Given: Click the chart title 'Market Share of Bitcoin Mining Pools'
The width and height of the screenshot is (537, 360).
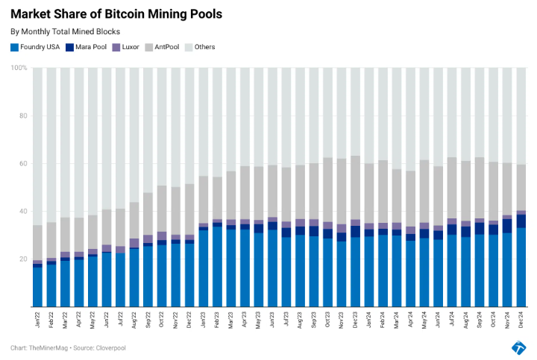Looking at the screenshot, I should [116, 14].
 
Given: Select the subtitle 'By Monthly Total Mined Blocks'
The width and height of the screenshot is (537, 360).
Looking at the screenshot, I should [65, 32].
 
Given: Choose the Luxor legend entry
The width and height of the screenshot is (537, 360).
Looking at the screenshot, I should [125, 48].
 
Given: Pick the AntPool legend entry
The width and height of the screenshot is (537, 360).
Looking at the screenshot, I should [163, 48].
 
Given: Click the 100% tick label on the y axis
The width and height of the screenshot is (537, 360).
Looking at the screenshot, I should [19, 68].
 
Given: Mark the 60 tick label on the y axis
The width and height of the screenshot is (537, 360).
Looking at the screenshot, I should [22, 164].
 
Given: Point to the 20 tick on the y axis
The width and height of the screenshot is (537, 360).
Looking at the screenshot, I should [22, 259].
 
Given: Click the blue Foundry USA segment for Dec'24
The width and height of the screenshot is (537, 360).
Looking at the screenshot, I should [521, 268].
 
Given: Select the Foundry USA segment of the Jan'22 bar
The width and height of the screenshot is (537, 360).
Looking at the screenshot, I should [37, 287].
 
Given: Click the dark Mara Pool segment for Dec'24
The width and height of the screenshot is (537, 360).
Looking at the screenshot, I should [521, 221].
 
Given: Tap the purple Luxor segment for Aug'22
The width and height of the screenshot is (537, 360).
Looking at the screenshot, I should [134, 243].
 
